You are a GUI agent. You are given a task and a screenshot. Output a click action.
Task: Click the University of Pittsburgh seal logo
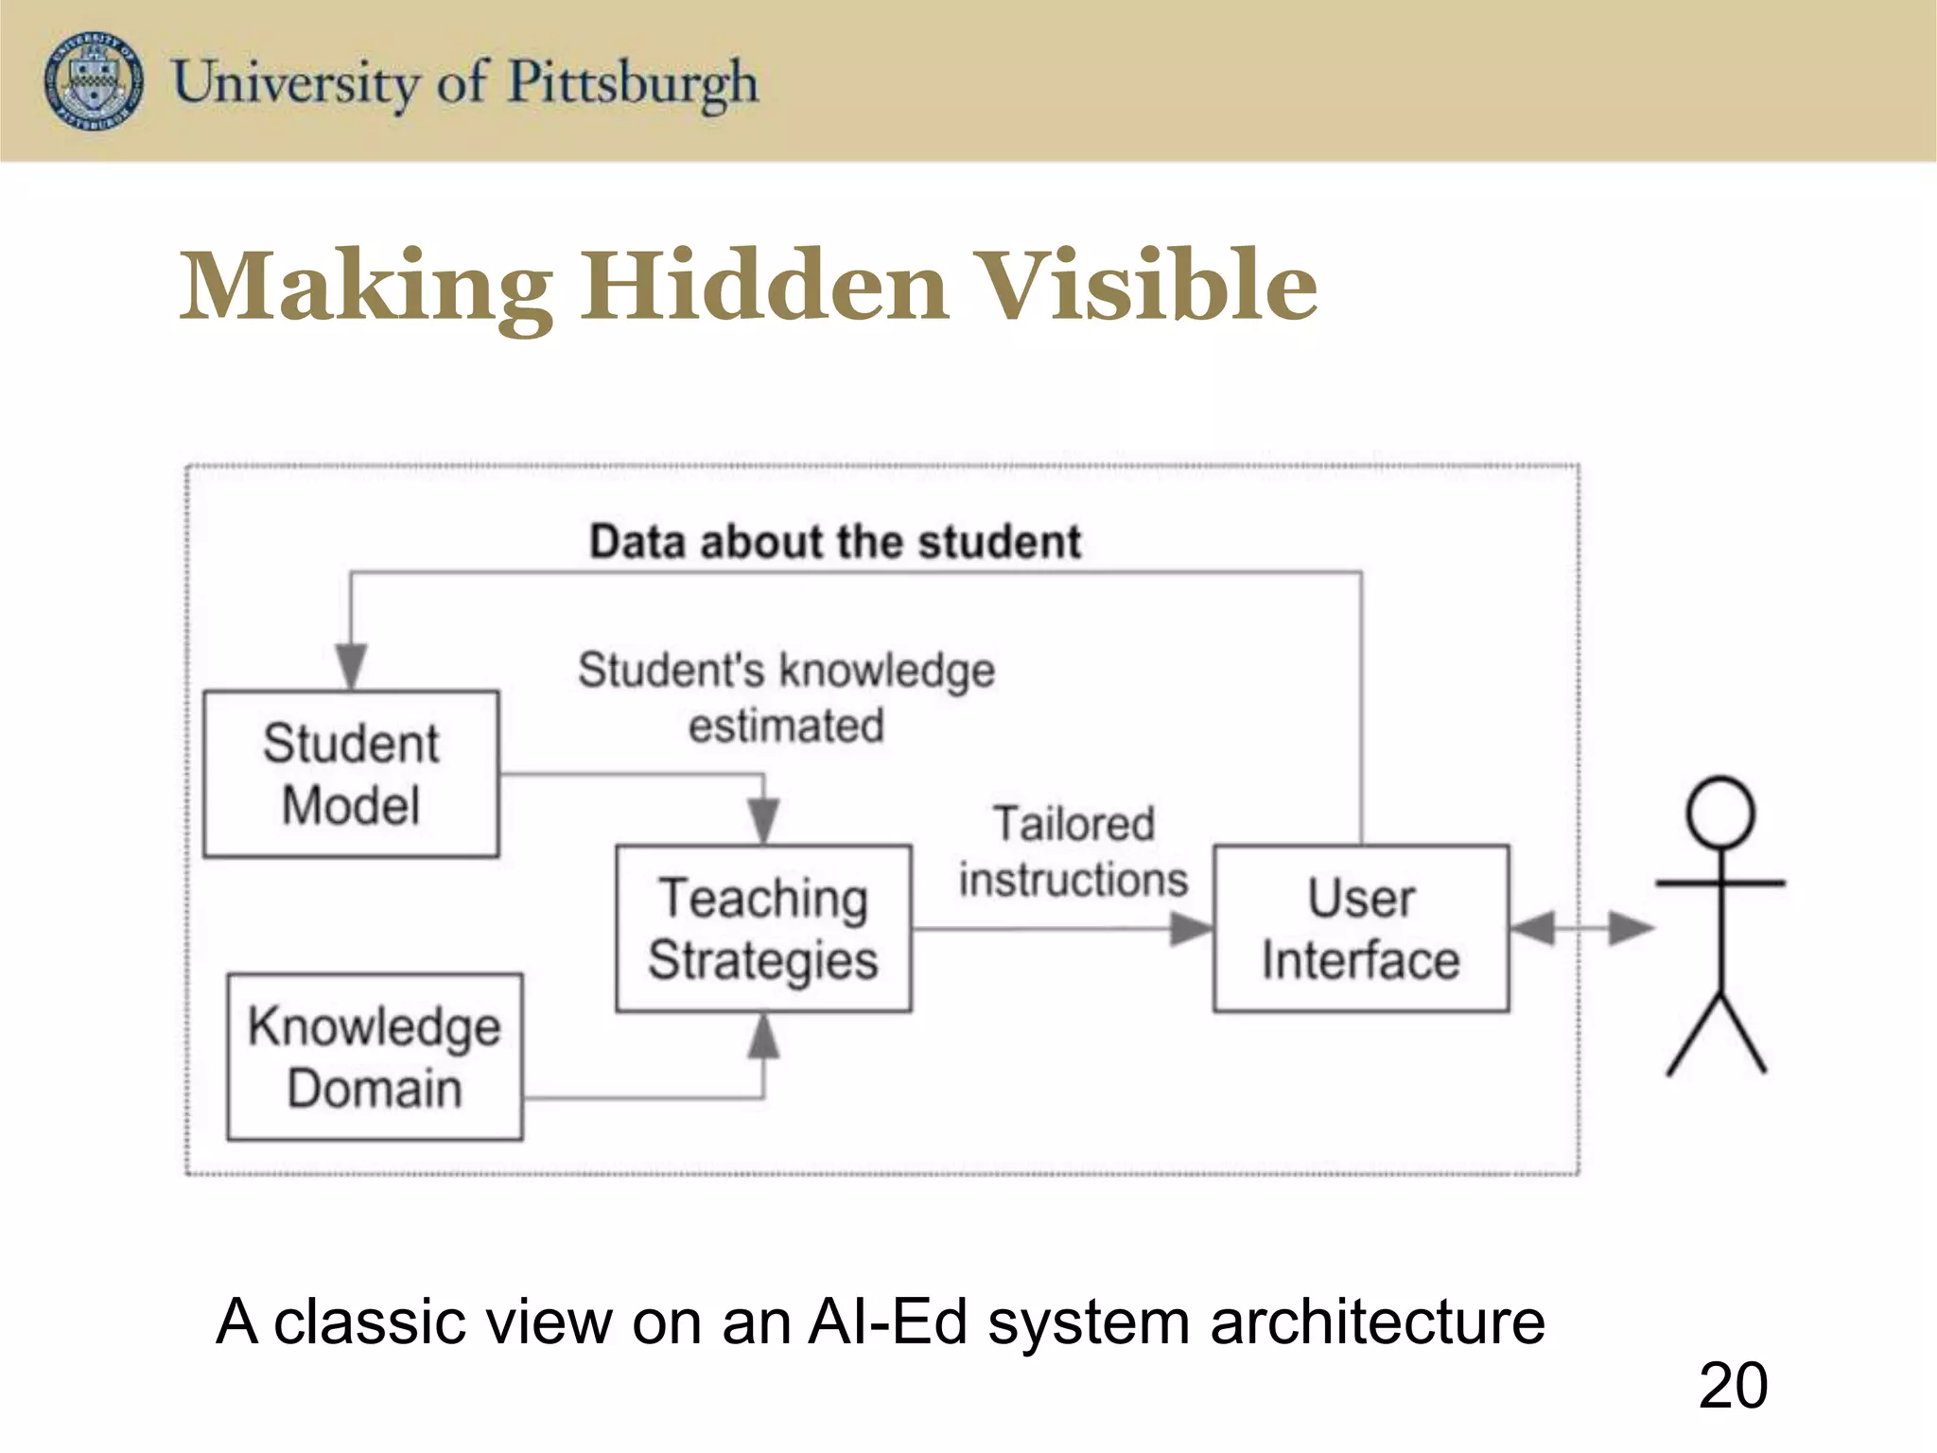(94, 80)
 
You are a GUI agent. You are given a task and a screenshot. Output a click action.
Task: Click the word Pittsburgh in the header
(633, 83)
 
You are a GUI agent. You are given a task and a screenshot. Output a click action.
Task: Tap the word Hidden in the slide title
(764, 286)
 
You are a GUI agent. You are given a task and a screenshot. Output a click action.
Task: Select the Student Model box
(351, 774)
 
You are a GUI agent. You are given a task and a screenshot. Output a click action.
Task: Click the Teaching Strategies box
(763, 928)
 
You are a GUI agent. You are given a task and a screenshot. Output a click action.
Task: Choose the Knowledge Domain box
(375, 1057)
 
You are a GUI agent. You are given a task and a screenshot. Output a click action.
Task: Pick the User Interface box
(1361, 928)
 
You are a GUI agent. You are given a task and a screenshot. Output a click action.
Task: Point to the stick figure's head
(1720, 813)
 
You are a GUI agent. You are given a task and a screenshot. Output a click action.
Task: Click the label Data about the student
(834, 542)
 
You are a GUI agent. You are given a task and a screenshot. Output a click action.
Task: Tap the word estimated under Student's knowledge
(786, 726)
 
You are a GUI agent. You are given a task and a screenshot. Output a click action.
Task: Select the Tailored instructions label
(1073, 851)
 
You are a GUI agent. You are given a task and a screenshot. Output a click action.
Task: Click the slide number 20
(1733, 1386)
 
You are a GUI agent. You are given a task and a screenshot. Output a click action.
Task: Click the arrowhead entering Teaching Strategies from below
(763, 1036)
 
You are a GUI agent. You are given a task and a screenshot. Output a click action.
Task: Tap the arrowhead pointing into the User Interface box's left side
(1190, 928)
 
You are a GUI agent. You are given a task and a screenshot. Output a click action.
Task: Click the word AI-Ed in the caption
(888, 1322)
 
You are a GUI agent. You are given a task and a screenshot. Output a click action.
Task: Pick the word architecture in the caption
(1377, 1322)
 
